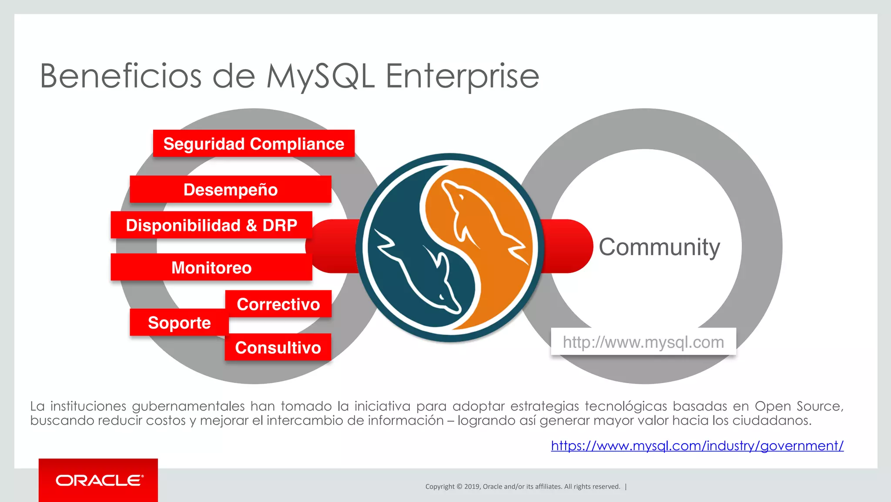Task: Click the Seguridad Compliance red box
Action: tap(254, 144)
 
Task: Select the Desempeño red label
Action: tap(230, 190)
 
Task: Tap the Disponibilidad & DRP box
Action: tap(211, 226)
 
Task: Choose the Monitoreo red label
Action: tap(211, 267)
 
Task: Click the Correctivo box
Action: tap(278, 304)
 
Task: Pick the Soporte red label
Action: tap(179, 323)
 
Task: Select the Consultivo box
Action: tap(278, 347)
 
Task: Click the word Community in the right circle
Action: tap(659, 247)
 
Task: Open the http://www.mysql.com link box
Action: tap(643, 342)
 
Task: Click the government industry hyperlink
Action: tap(697, 446)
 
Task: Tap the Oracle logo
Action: tap(98, 481)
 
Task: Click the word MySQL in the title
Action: tap(320, 77)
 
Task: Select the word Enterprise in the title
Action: tap(462, 77)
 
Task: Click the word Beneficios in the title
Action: tap(121, 77)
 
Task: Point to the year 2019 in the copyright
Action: tap(472, 487)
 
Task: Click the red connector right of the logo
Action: tap(566, 246)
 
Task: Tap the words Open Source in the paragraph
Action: tap(798, 406)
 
